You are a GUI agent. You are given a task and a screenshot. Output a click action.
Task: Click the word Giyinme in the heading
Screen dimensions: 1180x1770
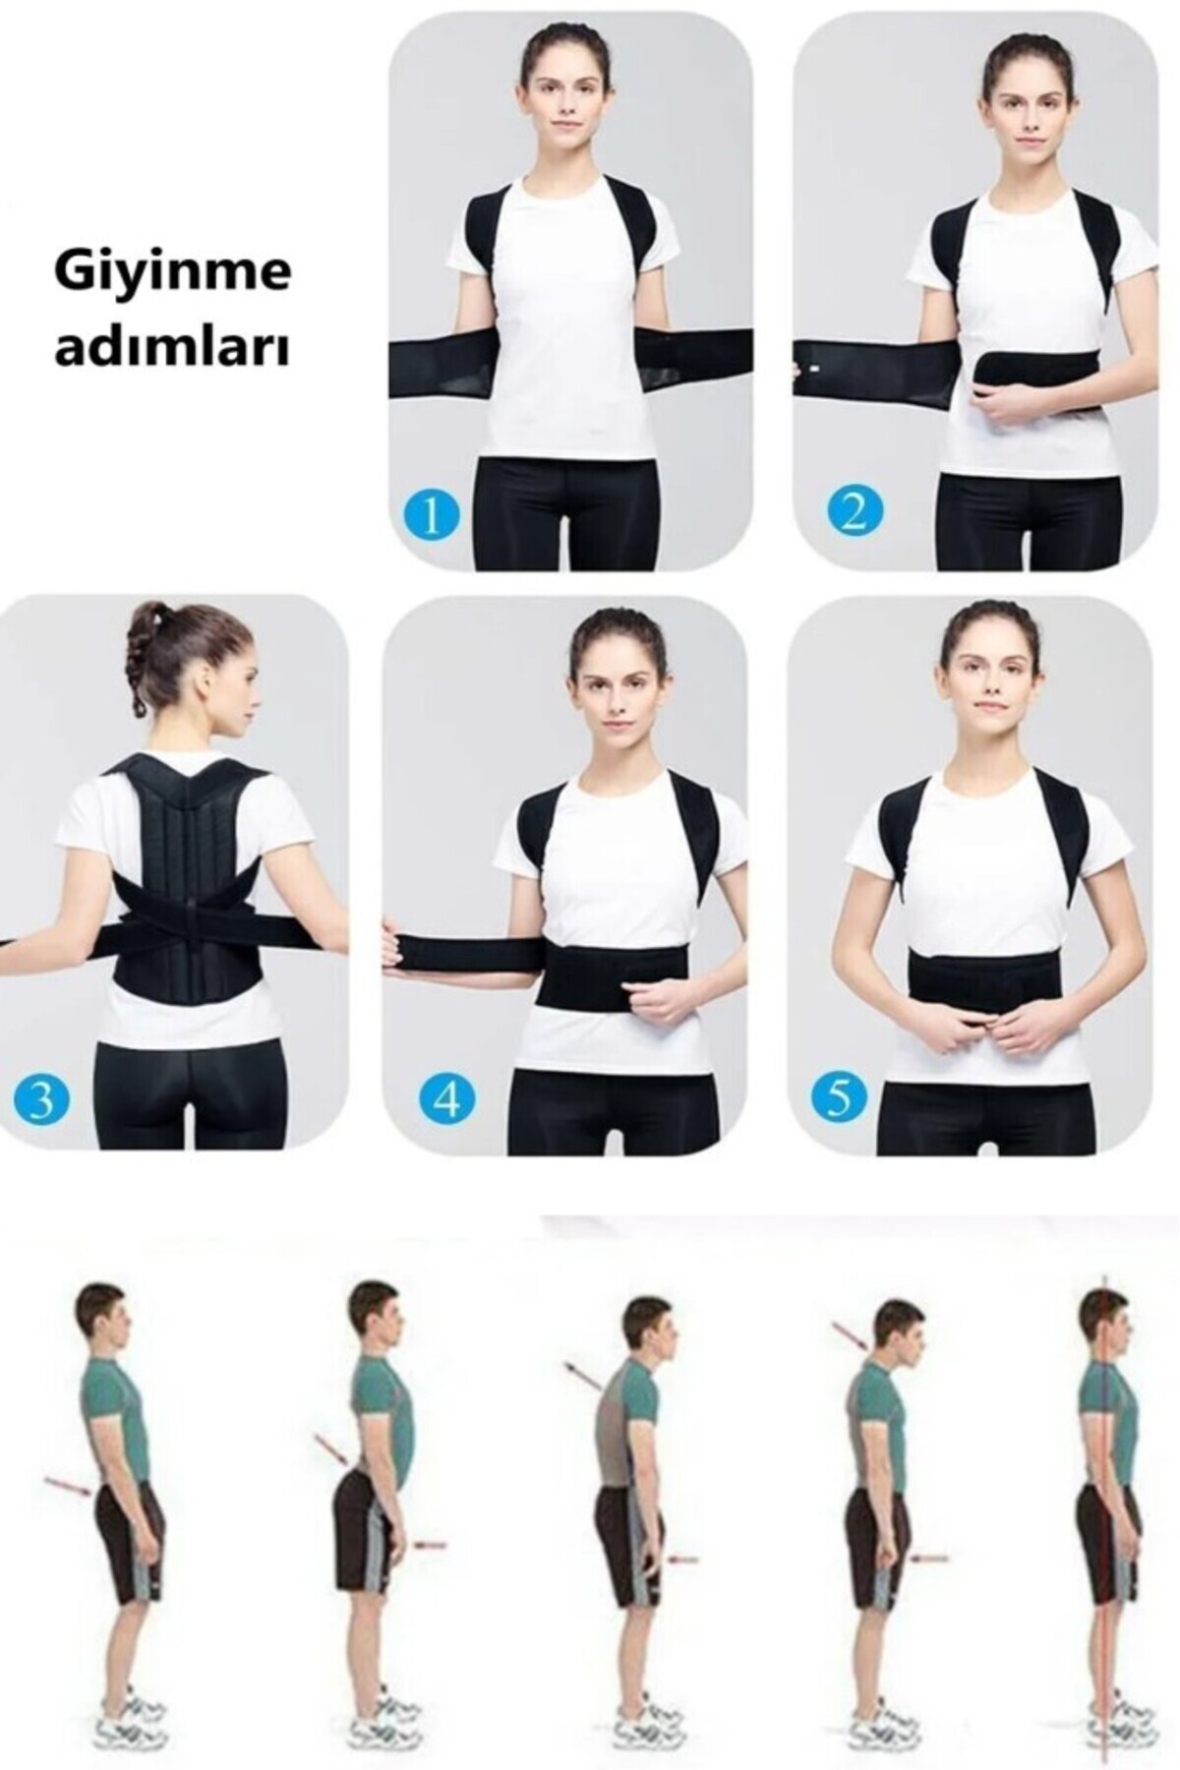click(173, 271)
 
